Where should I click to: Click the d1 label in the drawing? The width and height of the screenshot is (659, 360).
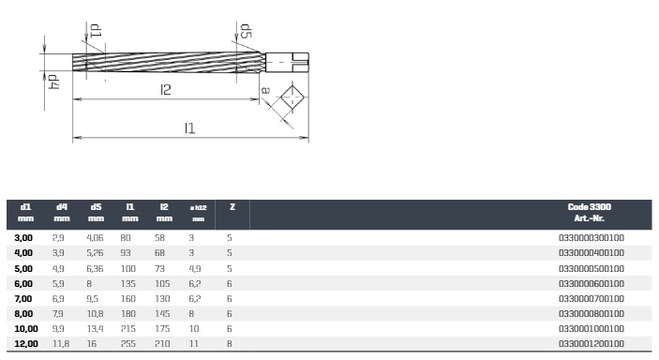[96, 31]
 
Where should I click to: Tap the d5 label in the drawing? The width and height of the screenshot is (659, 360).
[246, 31]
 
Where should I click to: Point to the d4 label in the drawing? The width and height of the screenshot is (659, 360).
[53, 82]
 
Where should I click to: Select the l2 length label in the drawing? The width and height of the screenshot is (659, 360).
[166, 89]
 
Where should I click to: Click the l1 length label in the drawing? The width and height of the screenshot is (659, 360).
[190, 127]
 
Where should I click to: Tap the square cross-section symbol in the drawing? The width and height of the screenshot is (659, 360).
[292, 97]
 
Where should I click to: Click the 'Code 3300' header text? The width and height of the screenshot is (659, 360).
[590, 206]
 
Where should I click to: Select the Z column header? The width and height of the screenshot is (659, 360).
[232, 207]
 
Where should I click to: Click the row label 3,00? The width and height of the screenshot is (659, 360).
[23, 237]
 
